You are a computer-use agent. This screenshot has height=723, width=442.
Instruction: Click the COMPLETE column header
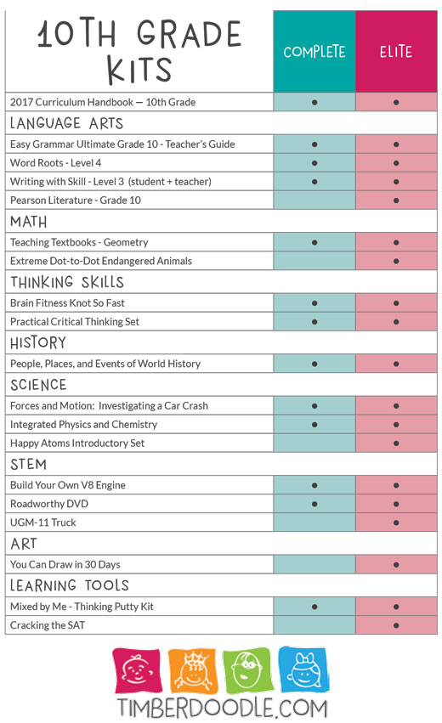click(x=314, y=52)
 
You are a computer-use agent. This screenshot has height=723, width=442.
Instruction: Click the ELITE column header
click(x=396, y=52)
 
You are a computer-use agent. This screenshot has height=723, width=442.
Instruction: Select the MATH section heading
click(x=29, y=222)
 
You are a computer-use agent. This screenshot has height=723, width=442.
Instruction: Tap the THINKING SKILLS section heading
click(x=67, y=282)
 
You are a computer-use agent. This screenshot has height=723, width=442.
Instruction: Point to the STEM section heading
click(x=29, y=465)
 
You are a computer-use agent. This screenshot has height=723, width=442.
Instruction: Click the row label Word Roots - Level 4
click(x=56, y=163)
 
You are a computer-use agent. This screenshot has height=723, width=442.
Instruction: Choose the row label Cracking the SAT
click(x=48, y=625)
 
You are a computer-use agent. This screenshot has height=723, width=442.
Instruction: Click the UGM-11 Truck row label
click(x=42, y=522)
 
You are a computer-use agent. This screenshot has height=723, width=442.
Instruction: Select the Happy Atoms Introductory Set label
click(x=77, y=443)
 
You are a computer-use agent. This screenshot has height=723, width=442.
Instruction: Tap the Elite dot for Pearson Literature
click(x=396, y=201)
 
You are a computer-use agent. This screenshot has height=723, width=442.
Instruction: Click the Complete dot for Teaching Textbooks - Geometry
click(x=314, y=242)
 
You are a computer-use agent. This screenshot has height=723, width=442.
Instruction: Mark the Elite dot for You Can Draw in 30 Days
click(x=396, y=565)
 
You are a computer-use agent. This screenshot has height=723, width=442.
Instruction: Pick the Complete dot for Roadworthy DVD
click(x=314, y=504)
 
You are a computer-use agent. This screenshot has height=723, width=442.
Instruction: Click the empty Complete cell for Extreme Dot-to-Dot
click(x=314, y=261)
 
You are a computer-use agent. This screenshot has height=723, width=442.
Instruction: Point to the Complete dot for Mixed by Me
click(x=314, y=607)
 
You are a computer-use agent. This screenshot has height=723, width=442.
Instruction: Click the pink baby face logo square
click(x=138, y=670)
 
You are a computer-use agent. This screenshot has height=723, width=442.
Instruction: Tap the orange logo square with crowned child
click(x=193, y=670)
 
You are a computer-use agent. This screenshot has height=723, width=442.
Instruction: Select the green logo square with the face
click(x=246, y=670)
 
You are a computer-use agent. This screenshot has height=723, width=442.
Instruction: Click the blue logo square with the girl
click(x=303, y=669)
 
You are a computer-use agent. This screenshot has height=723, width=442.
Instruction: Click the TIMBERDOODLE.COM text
click(x=222, y=709)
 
